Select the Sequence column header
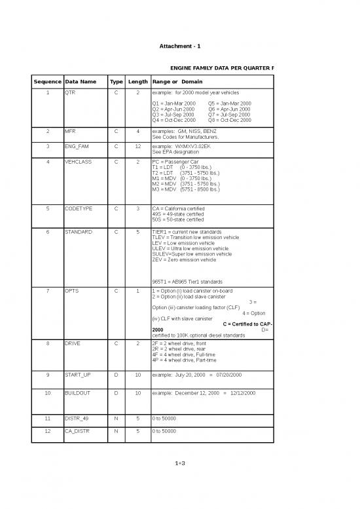click(47, 81)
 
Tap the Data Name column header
click(81, 81)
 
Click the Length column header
click(137, 81)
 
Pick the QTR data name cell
click(70, 94)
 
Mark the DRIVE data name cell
click(73, 343)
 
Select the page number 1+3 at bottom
click(180, 464)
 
